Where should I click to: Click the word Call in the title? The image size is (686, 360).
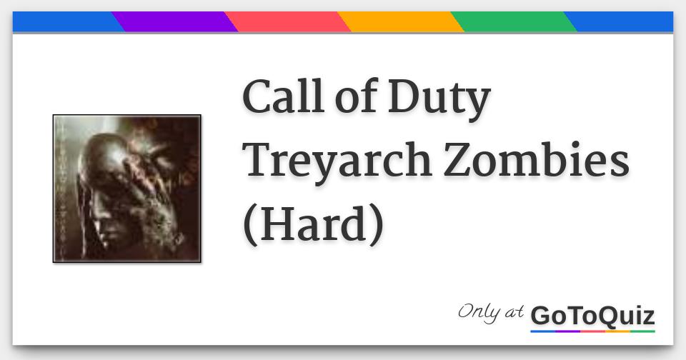point(280,98)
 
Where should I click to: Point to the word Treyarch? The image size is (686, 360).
point(337,162)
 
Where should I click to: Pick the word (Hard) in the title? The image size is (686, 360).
point(313,223)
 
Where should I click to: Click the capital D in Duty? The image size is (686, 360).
point(404,98)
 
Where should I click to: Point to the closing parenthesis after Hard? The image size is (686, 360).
point(376,224)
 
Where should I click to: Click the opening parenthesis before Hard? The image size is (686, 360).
point(250,224)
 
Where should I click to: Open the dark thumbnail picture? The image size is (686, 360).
point(126,189)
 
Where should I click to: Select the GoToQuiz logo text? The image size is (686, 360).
point(592,315)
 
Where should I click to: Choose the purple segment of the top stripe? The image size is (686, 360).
point(175,21)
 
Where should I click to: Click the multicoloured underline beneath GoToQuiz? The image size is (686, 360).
point(592,331)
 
